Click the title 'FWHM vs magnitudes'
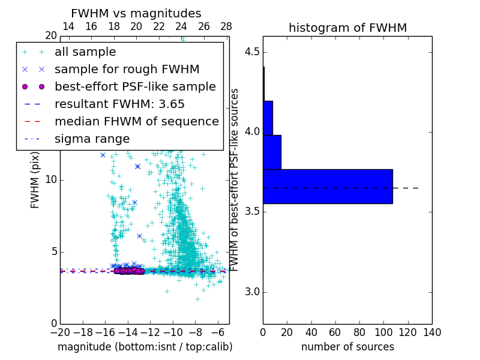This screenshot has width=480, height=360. (136, 13)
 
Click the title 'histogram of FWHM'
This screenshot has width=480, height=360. (347, 28)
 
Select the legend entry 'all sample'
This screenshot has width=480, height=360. (85, 52)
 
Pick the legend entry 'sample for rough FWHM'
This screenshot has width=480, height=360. (127, 69)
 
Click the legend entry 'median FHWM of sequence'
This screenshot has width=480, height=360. (136, 121)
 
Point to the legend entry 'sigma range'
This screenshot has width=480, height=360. (92, 139)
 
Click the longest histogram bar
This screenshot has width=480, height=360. (328, 187)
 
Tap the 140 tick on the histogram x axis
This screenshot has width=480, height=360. (432, 332)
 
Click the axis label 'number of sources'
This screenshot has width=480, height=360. (347, 347)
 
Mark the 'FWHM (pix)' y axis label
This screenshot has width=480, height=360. (35, 180)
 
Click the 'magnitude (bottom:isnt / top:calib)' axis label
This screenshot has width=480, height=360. (145, 347)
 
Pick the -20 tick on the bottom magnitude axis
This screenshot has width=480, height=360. (60, 332)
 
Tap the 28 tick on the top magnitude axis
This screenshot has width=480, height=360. (226, 26)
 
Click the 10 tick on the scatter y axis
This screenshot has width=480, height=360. (50, 180)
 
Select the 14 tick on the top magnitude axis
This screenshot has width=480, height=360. (68, 26)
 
